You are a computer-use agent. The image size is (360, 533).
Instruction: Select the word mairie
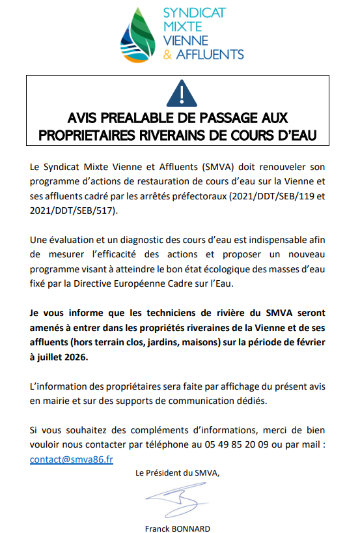point(52,399)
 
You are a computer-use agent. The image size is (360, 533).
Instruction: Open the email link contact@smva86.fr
point(72,459)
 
